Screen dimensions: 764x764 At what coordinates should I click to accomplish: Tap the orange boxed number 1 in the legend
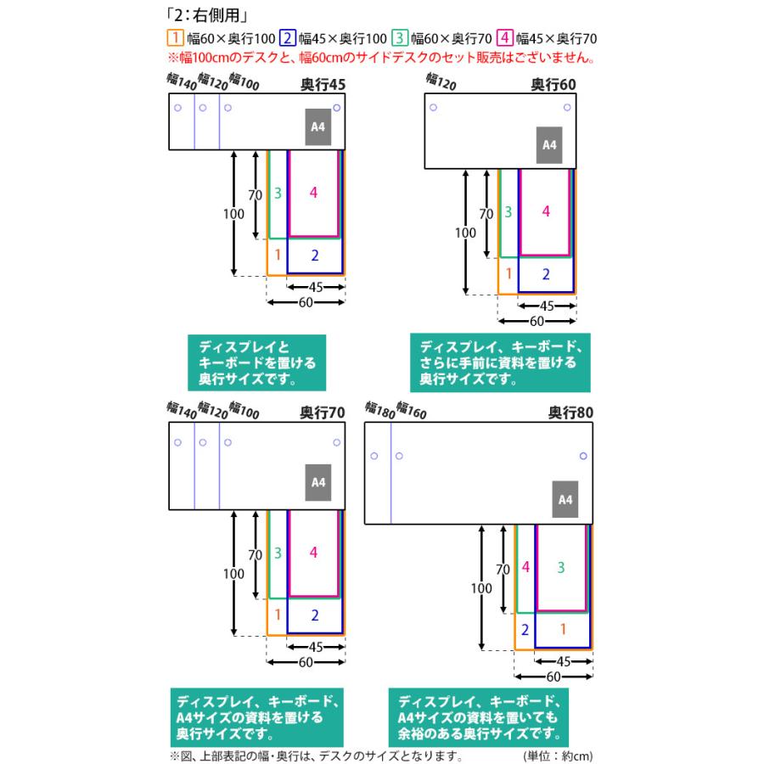tap(175, 38)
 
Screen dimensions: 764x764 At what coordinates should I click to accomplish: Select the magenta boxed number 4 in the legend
tap(506, 38)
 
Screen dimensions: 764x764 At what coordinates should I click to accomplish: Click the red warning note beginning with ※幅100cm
tap(380, 59)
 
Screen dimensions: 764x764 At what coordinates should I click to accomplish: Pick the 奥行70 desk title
tap(323, 413)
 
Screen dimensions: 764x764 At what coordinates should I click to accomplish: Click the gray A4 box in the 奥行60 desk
tap(549, 145)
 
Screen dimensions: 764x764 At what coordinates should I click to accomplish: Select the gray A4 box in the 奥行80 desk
tap(566, 500)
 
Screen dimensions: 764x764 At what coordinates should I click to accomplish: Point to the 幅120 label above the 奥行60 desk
tap(441, 81)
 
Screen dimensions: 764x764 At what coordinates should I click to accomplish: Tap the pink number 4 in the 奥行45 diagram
tap(313, 194)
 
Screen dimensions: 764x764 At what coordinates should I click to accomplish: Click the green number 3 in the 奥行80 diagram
tap(561, 566)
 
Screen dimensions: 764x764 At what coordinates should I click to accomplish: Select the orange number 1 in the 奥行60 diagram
tap(508, 273)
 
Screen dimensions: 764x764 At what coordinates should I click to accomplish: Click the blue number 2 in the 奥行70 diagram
tap(314, 615)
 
